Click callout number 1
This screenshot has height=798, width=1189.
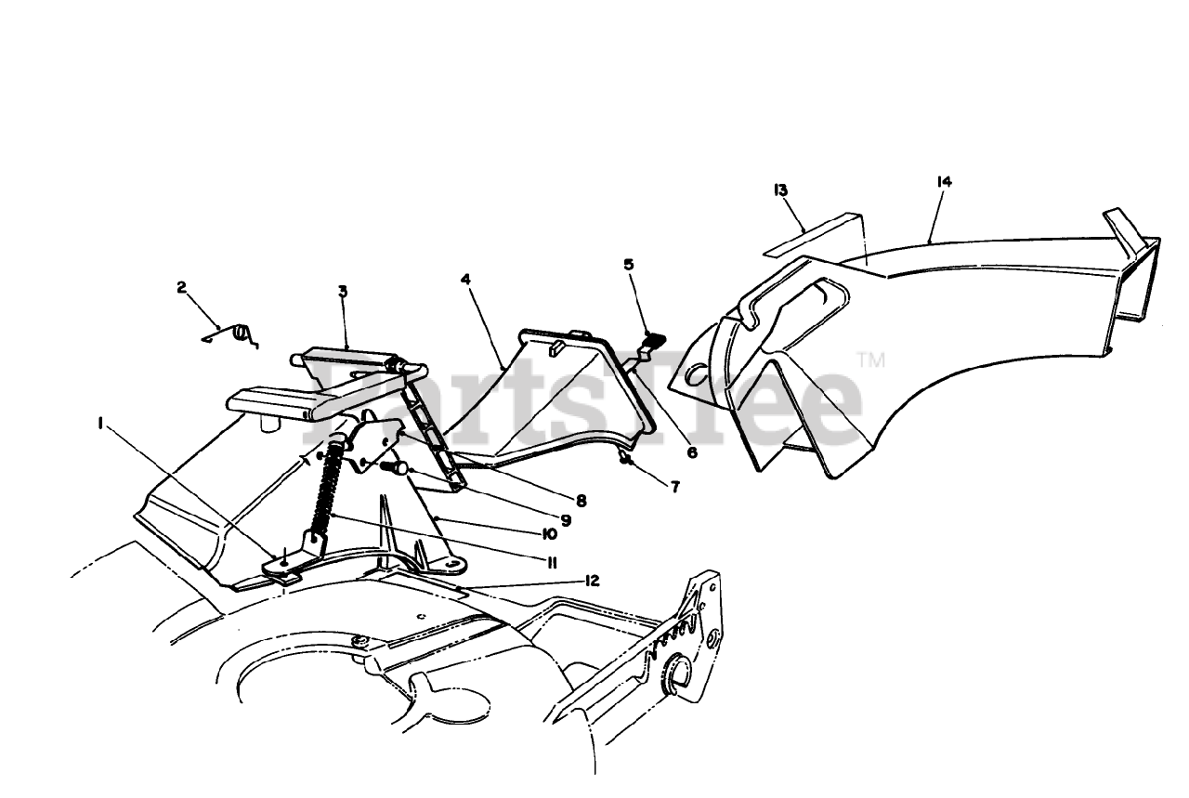pyautogui.click(x=99, y=424)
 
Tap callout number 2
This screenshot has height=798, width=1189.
pyautogui.click(x=181, y=288)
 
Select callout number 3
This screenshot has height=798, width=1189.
pyautogui.click(x=343, y=292)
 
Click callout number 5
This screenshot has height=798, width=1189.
pyautogui.click(x=629, y=265)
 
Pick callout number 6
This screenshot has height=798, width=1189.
pyautogui.click(x=690, y=452)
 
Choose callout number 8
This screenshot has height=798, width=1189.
pyautogui.click(x=581, y=500)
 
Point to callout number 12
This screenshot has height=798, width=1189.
pyautogui.click(x=592, y=582)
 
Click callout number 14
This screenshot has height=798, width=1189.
pyautogui.click(x=944, y=183)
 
